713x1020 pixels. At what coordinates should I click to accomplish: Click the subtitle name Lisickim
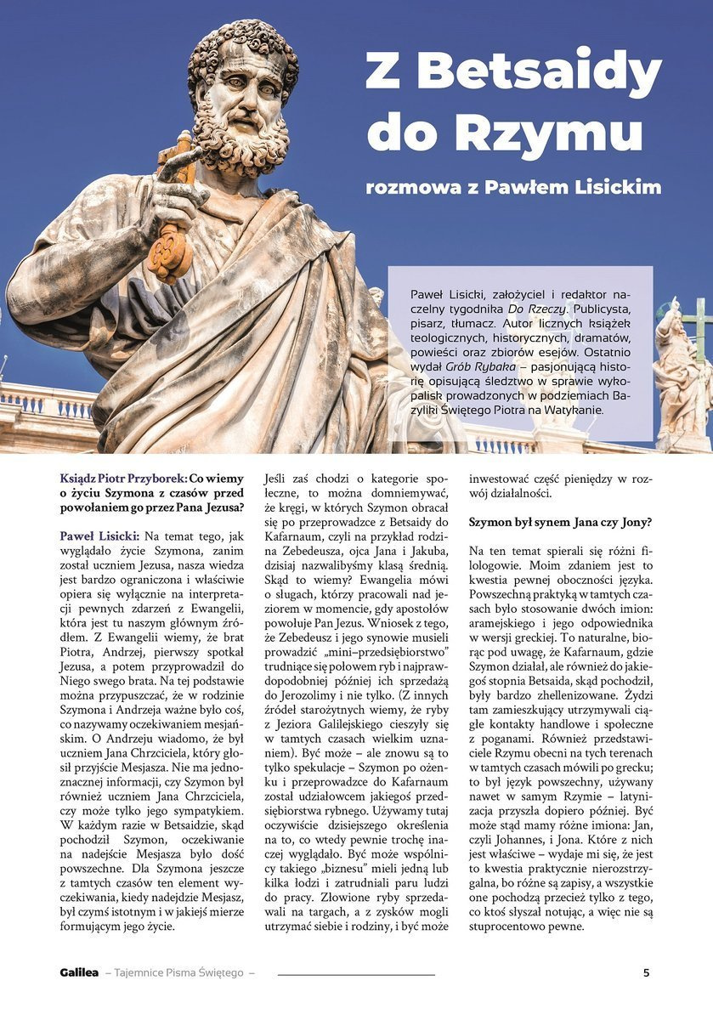[x=619, y=187]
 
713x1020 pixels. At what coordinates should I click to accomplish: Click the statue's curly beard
[x=242, y=140]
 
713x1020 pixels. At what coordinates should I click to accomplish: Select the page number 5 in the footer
[x=646, y=972]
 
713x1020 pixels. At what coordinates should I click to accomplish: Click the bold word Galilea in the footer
[x=79, y=972]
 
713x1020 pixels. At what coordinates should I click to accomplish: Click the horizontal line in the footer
[x=356, y=973]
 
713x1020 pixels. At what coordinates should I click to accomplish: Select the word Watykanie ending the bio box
[x=574, y=410]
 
